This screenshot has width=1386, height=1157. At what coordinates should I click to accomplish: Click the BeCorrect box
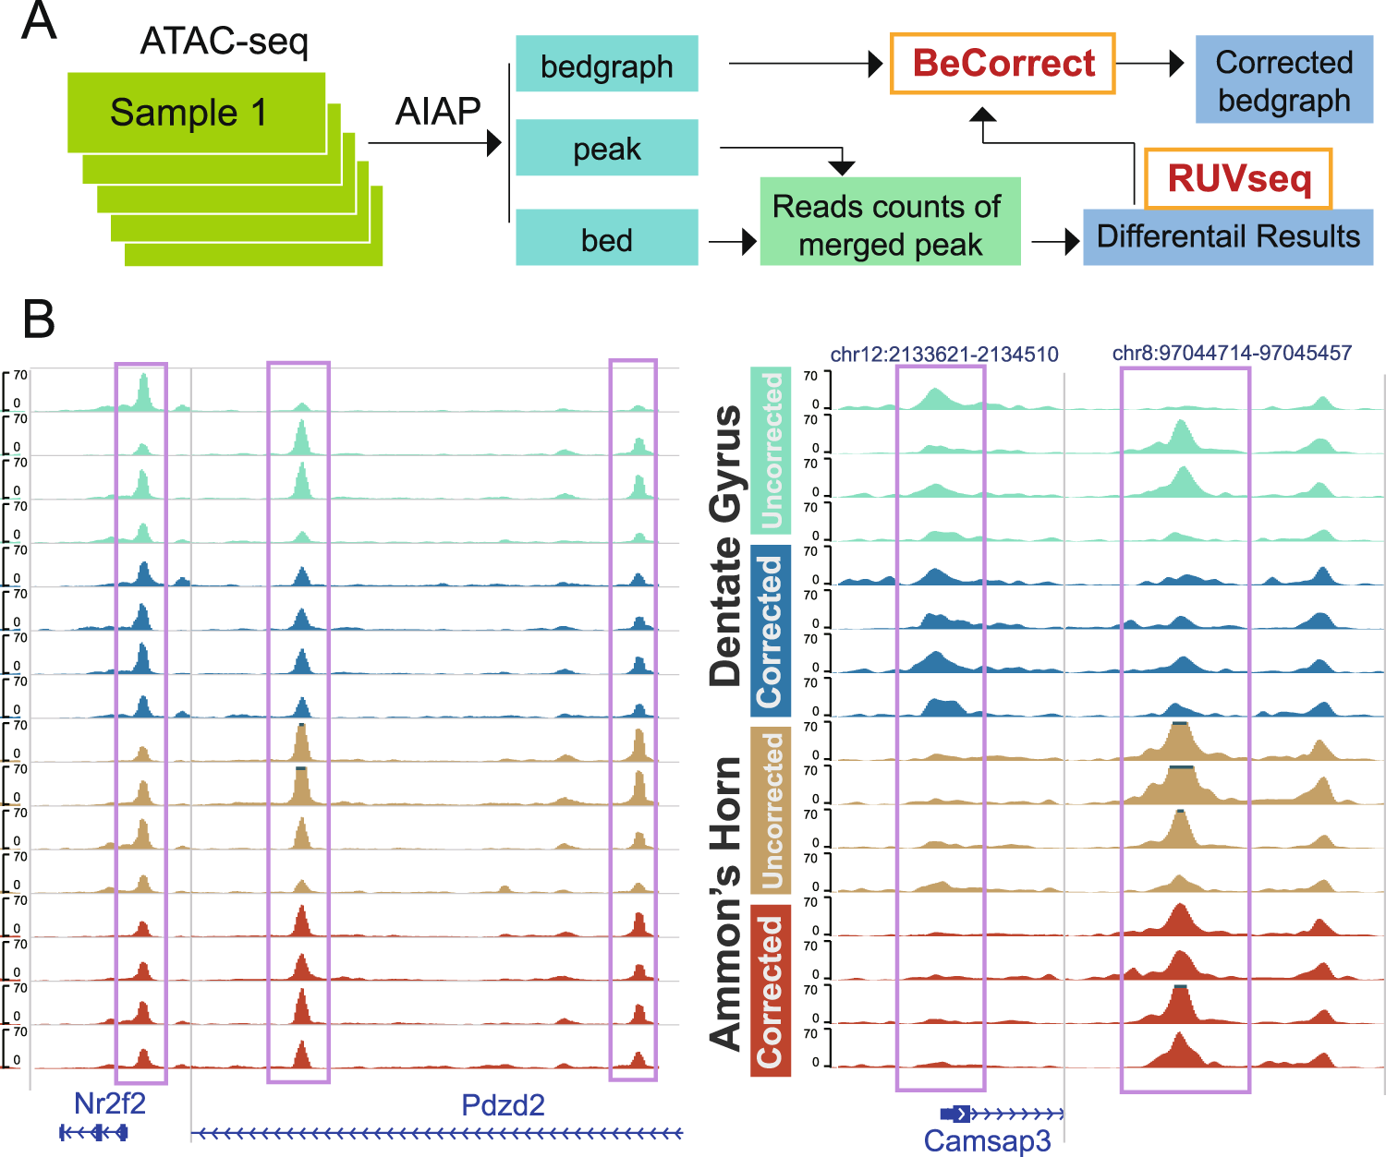(1003, 64)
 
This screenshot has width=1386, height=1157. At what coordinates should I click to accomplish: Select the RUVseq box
(1238, 178)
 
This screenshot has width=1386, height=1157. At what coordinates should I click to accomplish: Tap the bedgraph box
(606, 65)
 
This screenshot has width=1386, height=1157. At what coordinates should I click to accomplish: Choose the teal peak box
(606, 148)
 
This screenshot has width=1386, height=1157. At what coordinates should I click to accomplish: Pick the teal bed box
(606, 238)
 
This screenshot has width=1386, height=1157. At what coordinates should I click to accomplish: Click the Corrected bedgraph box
(1283, 80)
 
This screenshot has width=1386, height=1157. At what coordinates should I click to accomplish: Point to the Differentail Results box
(1227, 237)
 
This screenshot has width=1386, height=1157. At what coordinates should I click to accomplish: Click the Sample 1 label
(188, 113)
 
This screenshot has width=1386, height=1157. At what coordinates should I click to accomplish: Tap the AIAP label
(438, 112)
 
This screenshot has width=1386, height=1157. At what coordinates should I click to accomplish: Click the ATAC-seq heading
(225, 42)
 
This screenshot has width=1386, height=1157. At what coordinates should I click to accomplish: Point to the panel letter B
(39, 319)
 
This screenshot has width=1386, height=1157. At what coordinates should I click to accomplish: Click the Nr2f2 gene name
(110, 1103)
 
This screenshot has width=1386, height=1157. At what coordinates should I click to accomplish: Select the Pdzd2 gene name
(503, 1104)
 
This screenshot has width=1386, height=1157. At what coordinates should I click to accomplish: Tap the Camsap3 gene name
(987, 1140)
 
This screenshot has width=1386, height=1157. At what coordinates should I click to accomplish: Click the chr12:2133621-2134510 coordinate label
(944, 355)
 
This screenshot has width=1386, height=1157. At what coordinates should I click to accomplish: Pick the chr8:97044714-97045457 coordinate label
(1232, 353)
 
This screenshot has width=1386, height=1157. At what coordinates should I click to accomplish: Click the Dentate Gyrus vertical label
(726, 545)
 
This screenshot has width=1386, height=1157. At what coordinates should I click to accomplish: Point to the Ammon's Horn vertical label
(726, 903)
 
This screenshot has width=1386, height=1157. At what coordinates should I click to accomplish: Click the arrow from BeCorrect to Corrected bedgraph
(1150, 64)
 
